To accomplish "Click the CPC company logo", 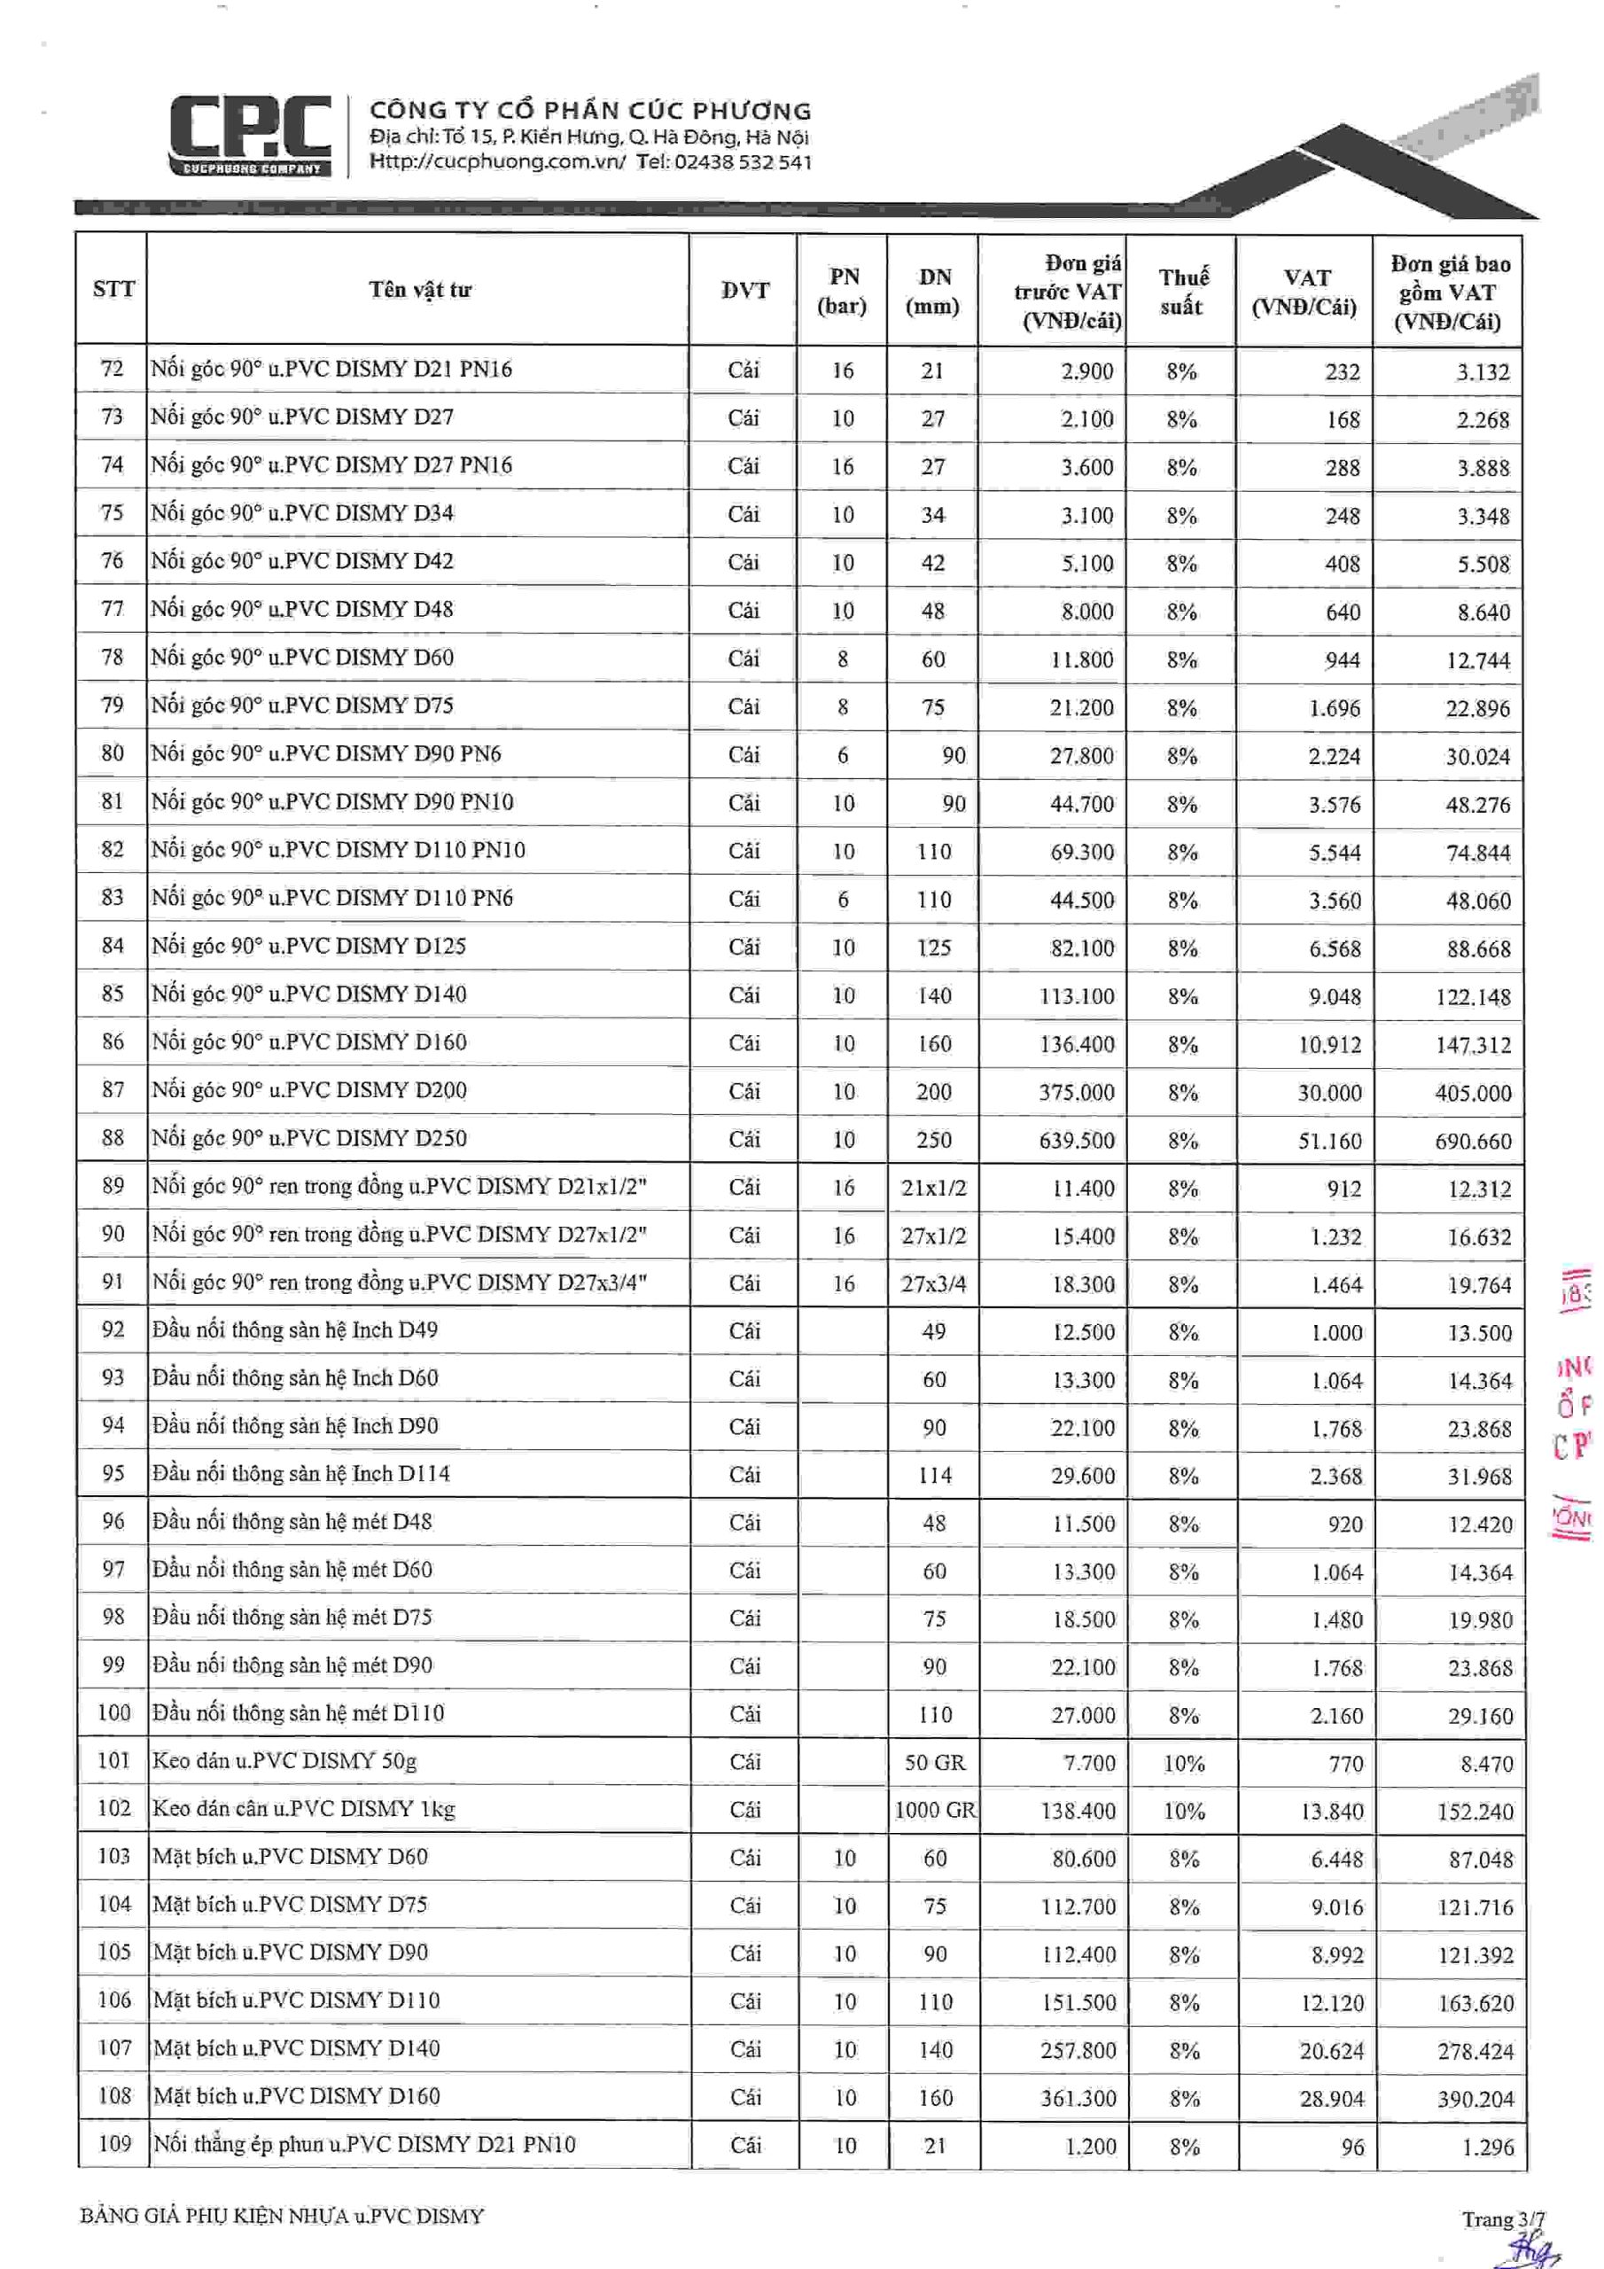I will (x=250, y=136).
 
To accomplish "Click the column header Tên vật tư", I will (x=420, y=290).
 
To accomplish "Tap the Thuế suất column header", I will (x=1181, y=292).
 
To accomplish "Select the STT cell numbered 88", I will (x=113, y=1137).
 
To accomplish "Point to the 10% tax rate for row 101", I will (x=1184, y=1763).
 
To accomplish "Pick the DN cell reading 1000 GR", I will (x=935, y=1811).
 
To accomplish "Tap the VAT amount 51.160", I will (x=1329, y=1141).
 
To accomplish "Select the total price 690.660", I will (x=1474, y=1142).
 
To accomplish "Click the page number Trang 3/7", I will (x=1502, y=2219).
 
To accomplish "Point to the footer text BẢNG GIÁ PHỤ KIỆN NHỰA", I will (x=283, y=2217).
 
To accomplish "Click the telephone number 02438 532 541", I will (x=744, y=162).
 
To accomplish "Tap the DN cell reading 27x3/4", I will (x=934, y=1283).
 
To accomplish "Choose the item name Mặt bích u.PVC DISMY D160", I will (x=297, y=2096).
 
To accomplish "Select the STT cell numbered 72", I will (x=113, y=369).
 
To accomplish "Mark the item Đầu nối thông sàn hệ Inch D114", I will (x=301, y=1473).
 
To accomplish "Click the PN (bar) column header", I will (x=842, y=292).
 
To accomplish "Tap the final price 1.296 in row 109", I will (x=1487, y=2147).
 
